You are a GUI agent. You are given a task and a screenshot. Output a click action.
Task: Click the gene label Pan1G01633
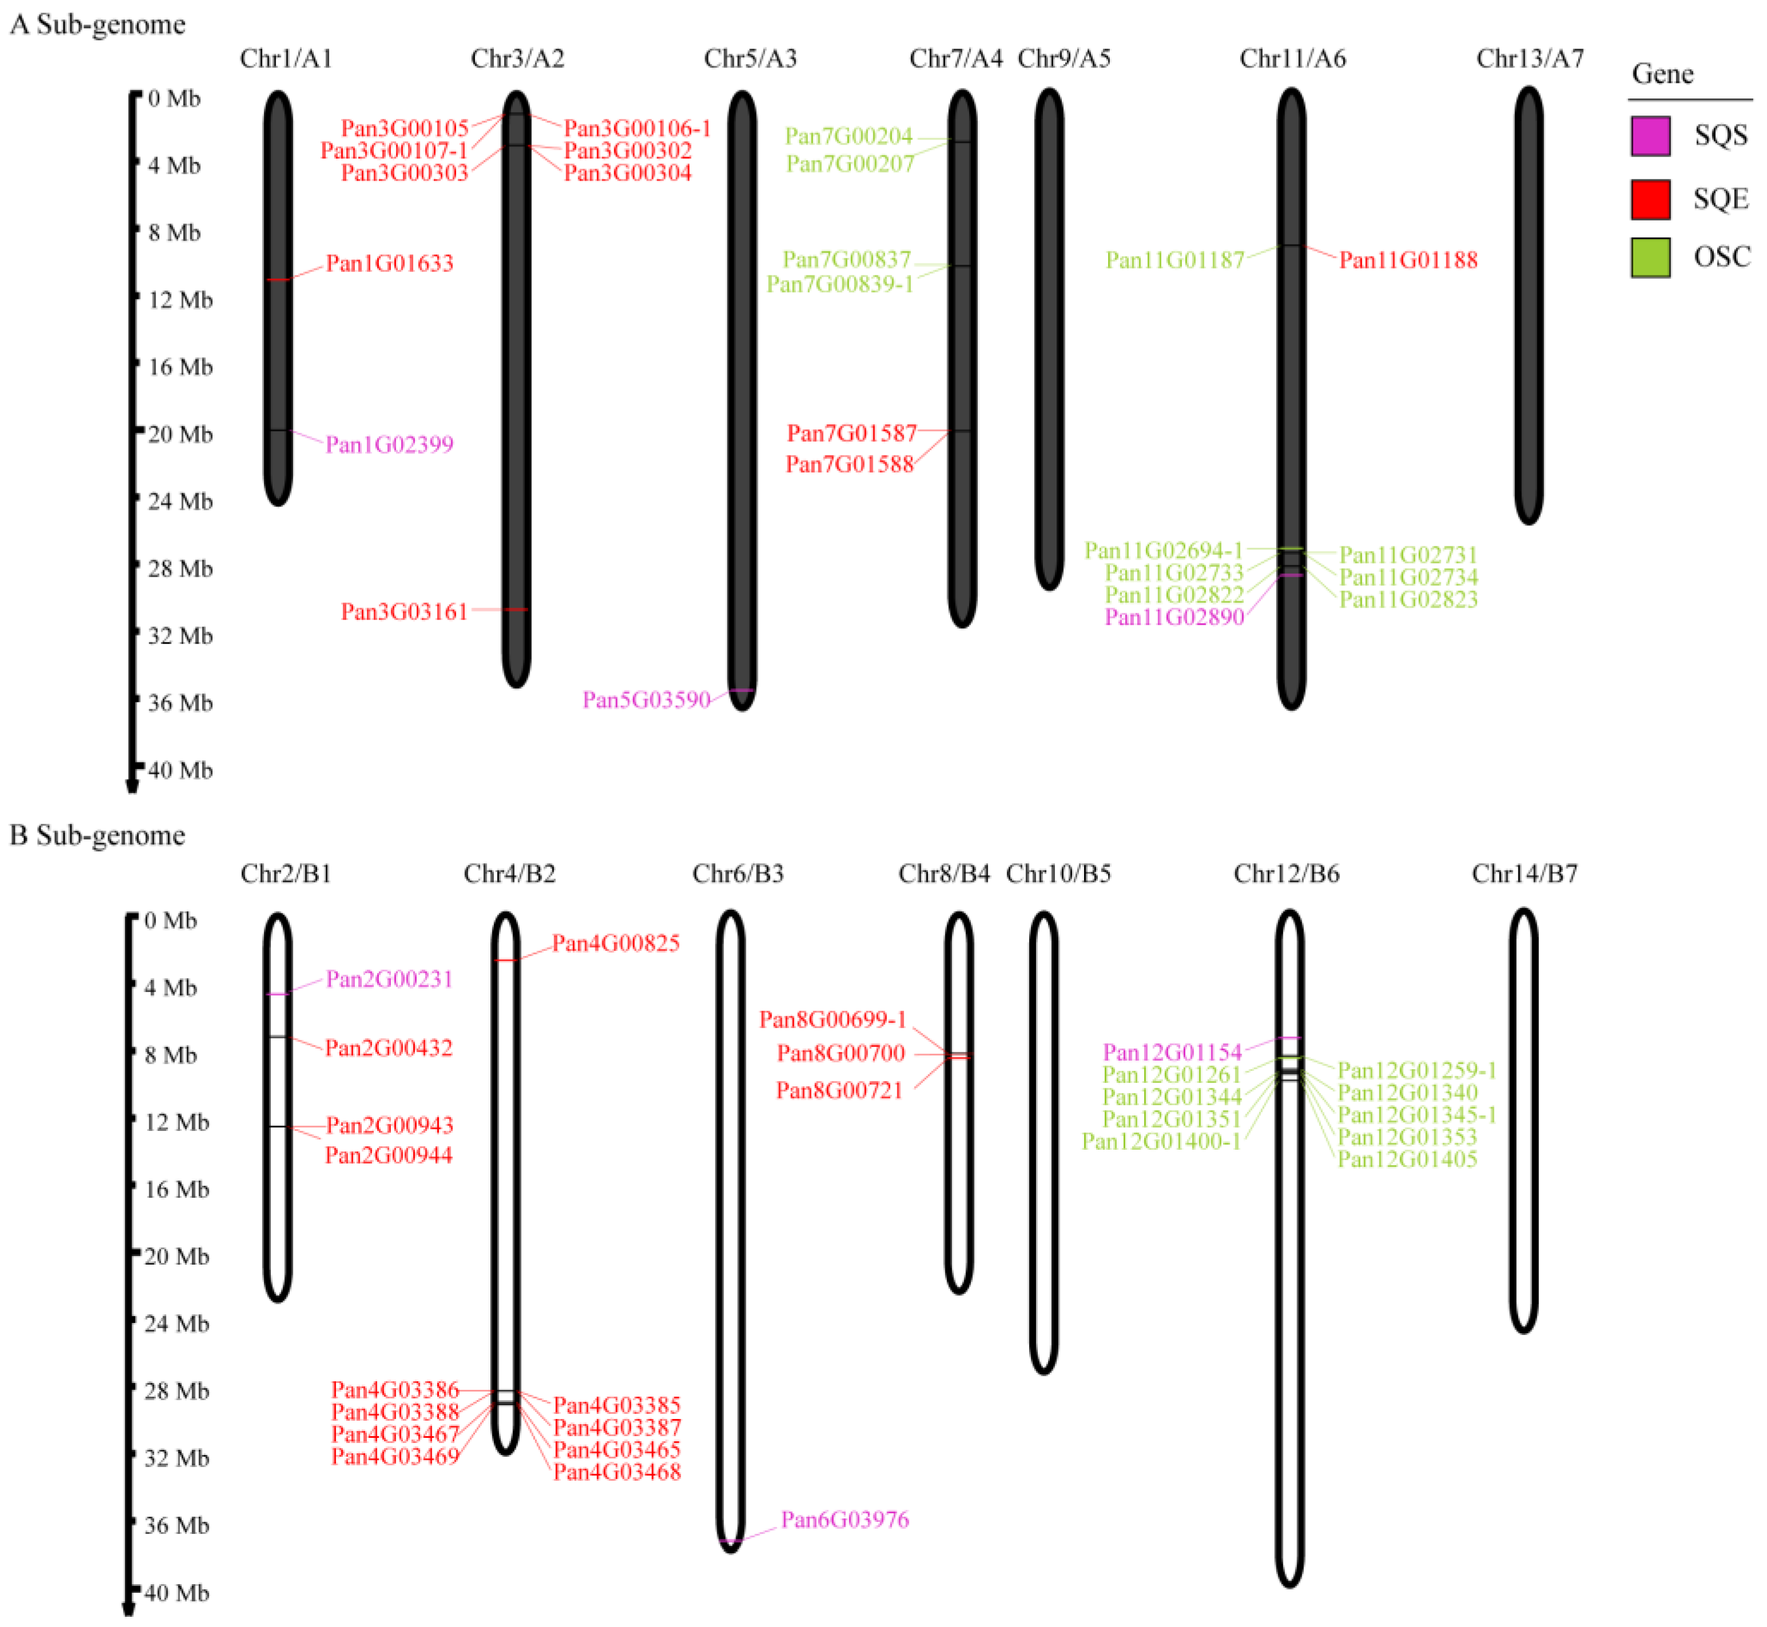coord(389,263)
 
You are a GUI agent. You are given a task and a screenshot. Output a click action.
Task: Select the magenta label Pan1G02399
coord(389,445)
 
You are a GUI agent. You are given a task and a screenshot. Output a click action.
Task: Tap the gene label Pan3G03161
coord(404,612)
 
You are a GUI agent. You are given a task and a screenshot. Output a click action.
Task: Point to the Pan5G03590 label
coord(646,700)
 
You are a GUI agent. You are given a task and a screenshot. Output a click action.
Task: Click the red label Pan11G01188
coord(1408,259)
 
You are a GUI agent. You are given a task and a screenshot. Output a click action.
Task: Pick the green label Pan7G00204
coord(849,135)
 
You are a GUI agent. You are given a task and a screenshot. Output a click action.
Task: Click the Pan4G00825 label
coord(615,943)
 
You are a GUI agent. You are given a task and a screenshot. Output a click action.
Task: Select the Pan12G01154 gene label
coord(1172,1052)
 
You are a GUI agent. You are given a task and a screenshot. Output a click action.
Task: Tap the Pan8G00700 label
coord(841,1053)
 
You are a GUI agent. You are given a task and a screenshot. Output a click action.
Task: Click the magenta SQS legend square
coord(1650,135)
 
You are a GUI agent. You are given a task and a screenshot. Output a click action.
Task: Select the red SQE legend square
coord(1650,199)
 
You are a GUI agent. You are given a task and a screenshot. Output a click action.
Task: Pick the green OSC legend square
coord(1650,257)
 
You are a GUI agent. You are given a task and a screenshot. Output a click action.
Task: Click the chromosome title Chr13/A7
coord(1529,58)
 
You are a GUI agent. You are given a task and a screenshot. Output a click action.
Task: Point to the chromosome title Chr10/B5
coord(1058,873)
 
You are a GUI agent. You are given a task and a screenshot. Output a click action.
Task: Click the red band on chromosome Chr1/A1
coord(278,279)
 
